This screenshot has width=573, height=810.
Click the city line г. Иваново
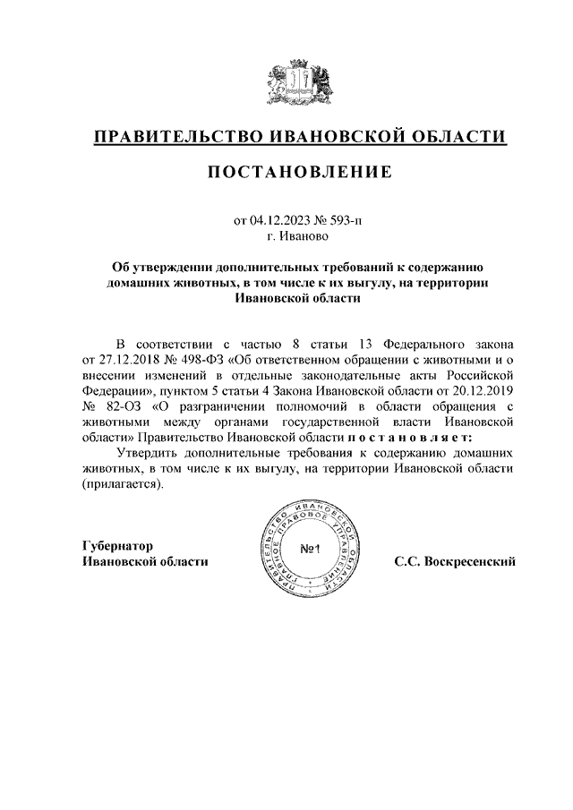click(x=298, y=237)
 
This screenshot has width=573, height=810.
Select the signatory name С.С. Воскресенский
click(x=454, y=561)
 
